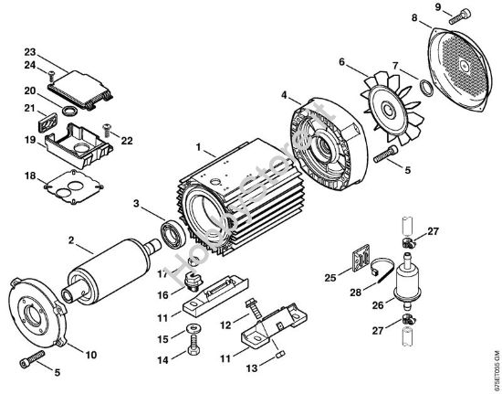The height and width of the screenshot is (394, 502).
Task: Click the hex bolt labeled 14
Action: (x=193, y=348)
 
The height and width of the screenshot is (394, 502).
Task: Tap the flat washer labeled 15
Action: (x=193, y=327)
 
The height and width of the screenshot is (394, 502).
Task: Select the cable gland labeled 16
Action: (x=192, y=277)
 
